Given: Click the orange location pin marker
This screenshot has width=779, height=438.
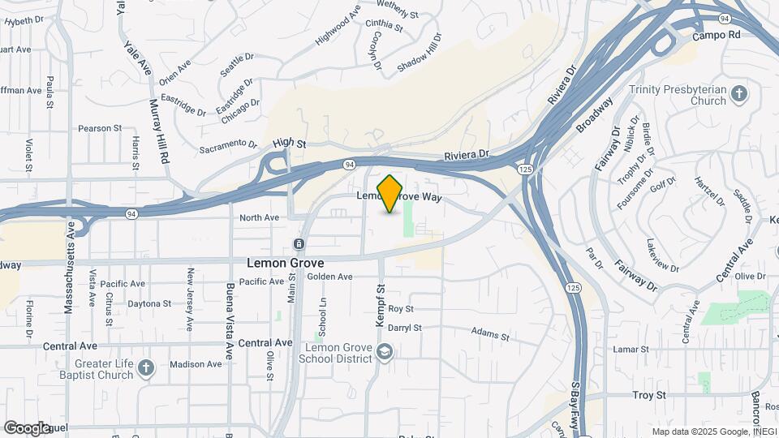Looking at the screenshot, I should [390, 194].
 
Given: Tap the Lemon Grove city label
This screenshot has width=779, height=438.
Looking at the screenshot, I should [285, 264].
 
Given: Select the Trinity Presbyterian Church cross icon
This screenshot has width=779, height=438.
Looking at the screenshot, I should [738, 94].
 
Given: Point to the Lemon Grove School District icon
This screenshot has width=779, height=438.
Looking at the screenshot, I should [385, 351].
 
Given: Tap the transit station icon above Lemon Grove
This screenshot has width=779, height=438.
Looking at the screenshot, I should [299, 244].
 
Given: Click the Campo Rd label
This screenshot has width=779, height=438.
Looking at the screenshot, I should [717, 36].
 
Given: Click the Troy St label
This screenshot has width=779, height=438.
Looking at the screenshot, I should [648, 395].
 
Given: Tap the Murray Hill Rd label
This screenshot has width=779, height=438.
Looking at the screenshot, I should [158, 130].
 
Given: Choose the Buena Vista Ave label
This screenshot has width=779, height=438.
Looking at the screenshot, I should [230, 316].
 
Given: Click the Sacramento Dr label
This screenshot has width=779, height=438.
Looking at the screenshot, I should [228, 145].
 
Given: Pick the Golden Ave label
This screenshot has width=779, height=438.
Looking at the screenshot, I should [330, 277].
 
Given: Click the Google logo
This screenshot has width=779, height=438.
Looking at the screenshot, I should [26, 427].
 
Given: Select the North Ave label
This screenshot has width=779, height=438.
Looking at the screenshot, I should [260, 217].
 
